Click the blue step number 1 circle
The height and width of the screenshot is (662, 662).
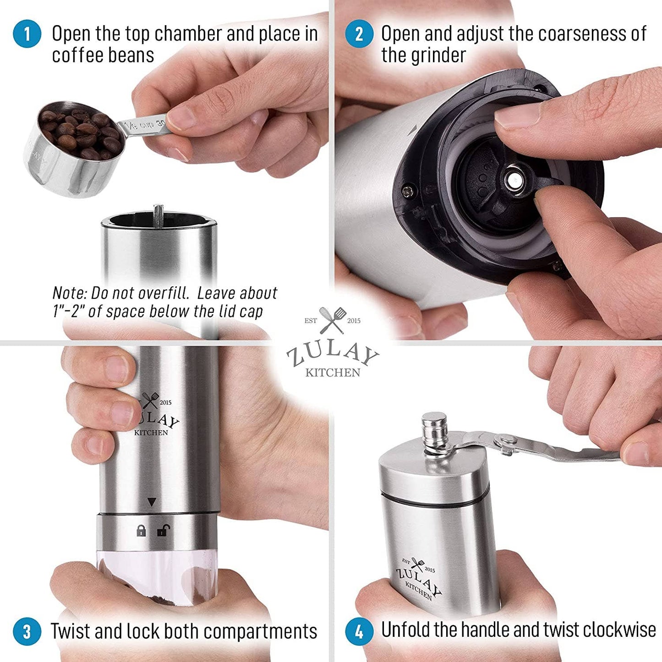point(27,33)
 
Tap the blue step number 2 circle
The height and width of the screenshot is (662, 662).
point(359,33)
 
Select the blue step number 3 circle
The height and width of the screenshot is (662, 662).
point(27,631)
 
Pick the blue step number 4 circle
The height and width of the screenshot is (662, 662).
point(359,631)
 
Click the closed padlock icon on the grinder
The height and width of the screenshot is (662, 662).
point(141,531)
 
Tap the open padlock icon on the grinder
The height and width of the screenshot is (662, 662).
point(163,530)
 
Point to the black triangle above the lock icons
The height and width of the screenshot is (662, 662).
point(152,502)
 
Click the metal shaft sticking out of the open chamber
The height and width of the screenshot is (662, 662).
point(159,216)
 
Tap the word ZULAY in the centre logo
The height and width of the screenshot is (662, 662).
point(333,356)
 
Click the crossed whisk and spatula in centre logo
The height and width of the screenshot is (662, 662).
point(332,320)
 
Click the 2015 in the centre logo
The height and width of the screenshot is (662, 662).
point(354,321)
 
